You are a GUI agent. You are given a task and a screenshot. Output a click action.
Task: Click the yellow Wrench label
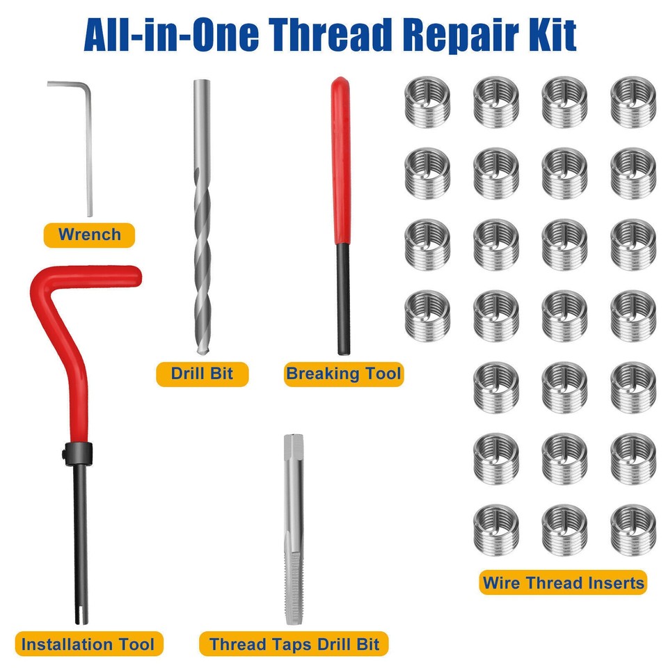(89, 234)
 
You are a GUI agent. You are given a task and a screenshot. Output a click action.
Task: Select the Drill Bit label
(201, 374)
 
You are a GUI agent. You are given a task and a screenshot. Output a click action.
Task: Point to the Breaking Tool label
(344, 374)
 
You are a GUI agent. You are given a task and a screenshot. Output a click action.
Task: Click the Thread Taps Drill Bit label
(294, 644)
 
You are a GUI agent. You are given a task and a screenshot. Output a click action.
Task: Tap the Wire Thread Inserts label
(562, 582)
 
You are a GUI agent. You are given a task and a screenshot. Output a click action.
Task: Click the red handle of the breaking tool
(340, 160)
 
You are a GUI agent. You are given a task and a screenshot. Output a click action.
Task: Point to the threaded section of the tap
(294, 584)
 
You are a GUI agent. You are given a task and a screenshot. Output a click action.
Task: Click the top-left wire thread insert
(427, 102)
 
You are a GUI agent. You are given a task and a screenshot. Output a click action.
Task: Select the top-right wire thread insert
(633, 102)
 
